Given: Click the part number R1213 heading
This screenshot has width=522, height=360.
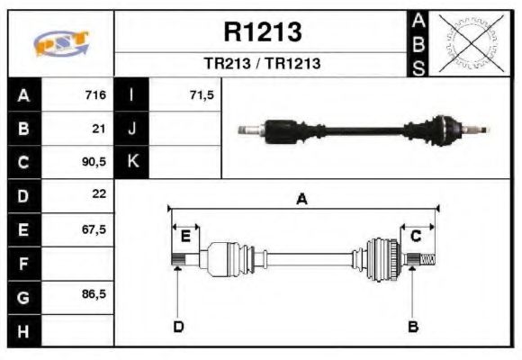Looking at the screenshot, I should (262, 32).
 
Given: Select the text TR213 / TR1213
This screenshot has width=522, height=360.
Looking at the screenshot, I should (262, 64).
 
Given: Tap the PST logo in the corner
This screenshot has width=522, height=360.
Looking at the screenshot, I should (59, 44).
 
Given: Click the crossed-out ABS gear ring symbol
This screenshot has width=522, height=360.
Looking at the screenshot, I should (470, 43).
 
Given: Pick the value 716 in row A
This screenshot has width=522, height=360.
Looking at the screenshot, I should (95, 95).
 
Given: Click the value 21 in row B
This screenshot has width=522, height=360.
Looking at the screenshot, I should (99, 129).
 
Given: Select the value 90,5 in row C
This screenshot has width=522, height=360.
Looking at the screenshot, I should (94, 163).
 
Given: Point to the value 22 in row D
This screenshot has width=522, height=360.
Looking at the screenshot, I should (99, 195).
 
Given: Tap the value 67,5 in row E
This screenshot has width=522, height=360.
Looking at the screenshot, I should (94, 229).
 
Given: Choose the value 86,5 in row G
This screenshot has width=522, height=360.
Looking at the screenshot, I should (94, 294).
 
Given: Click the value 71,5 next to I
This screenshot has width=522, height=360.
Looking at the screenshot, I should (202, 95).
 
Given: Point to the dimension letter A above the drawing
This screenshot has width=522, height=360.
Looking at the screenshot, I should (302, 200).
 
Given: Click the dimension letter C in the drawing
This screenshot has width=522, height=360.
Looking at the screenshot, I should (416, 236).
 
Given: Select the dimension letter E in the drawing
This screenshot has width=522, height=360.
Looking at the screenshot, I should (185, 236).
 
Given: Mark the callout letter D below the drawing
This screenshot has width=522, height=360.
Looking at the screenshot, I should (177, 326).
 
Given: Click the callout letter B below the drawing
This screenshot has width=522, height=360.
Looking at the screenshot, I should (413, 326).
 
